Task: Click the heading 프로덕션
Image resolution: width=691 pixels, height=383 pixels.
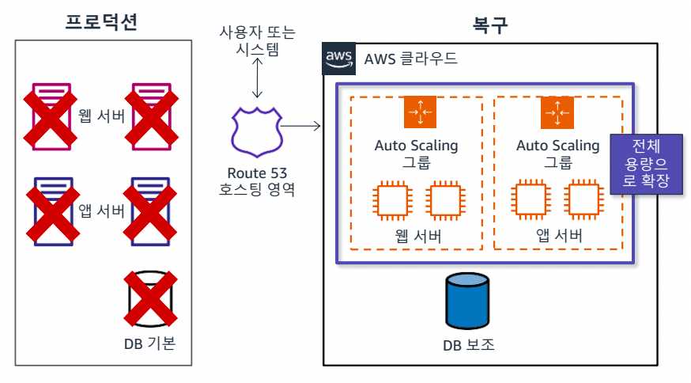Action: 101,21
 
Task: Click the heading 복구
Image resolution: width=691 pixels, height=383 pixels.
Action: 489,21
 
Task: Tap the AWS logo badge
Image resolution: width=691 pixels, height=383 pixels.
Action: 338,59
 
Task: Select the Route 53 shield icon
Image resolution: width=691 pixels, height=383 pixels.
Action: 255,130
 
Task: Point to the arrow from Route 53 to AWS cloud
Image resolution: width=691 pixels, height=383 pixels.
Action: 300,126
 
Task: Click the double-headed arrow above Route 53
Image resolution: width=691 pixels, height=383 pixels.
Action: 256,79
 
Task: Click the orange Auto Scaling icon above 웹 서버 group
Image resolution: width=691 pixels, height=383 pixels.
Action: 416,112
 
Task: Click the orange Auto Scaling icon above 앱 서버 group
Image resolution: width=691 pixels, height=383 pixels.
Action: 557,112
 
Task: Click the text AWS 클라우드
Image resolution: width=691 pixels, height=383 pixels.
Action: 410,59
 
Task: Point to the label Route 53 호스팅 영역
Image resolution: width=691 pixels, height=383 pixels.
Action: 256,181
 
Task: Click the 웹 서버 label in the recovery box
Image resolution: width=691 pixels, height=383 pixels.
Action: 417,237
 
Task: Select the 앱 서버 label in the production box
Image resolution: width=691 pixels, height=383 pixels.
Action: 101,210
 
